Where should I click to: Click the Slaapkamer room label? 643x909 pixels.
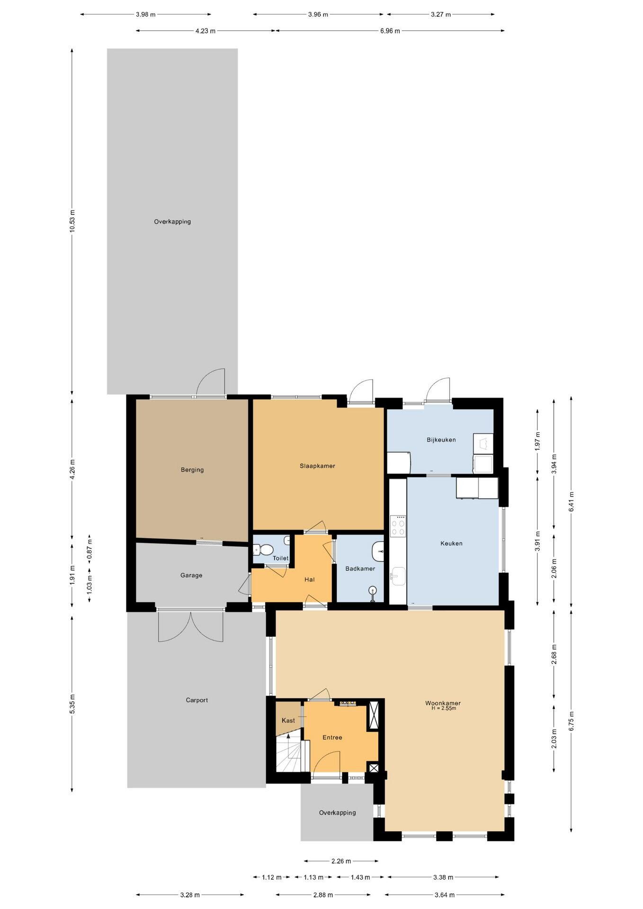tap(317, 466)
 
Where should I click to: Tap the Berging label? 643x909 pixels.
tap(192, 470)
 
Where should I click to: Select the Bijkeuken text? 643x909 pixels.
tap(441, 440)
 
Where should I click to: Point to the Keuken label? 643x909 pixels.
tap(451, 544)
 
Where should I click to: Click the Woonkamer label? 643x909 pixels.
tap(443, 703)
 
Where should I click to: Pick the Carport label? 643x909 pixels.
tap(197, 700)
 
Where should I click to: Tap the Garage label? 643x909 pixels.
tap(191, 575)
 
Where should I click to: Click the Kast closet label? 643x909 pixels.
tap(288, 721)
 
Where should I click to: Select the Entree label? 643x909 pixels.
tap(332, 737)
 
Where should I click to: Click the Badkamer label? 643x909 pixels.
tap(360, 569)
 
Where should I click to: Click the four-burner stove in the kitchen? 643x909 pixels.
tap(398, 526)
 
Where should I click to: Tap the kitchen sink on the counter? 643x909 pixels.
tap(398, 576)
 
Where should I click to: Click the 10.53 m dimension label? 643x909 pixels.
tap(72, 221)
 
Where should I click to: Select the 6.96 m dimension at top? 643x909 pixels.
tap(390, 31)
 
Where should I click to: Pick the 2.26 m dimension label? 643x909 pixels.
tap(341, 861)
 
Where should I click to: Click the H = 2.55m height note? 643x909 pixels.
tap(444, 708)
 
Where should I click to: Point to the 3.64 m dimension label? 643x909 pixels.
tap(445, 895)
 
